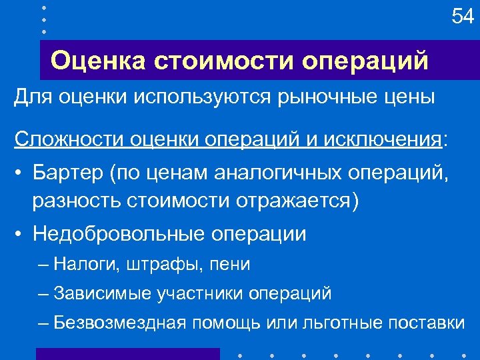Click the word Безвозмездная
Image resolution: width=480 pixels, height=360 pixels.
[x=120, y=323]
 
